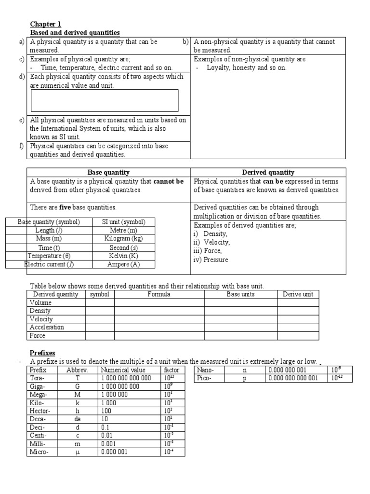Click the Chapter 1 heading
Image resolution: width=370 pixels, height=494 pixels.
[x=46, y=24]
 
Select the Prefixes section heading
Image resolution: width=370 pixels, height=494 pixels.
[x=44, y=353]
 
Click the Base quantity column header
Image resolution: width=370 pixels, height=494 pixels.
[x=108, y=172]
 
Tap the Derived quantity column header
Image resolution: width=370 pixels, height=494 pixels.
[x=268, y=172]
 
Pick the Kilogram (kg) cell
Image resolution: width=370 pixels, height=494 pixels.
[x=123, y=238]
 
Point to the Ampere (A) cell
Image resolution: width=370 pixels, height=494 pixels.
[x=123, y=264]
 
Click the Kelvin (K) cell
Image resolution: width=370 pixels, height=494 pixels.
[x=123, y=256]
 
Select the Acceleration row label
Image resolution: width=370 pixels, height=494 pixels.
[x=47, y=327]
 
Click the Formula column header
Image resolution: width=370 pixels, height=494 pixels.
[x=159, y=294]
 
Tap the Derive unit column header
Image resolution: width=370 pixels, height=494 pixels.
[x=297, y=294]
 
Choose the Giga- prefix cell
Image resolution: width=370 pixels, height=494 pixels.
[x=38, y=386]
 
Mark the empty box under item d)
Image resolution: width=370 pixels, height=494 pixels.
[x=104, y=100]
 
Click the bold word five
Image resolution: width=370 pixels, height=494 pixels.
[x=65, y=207]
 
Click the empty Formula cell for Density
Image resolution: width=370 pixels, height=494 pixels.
[x=159, y=311]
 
